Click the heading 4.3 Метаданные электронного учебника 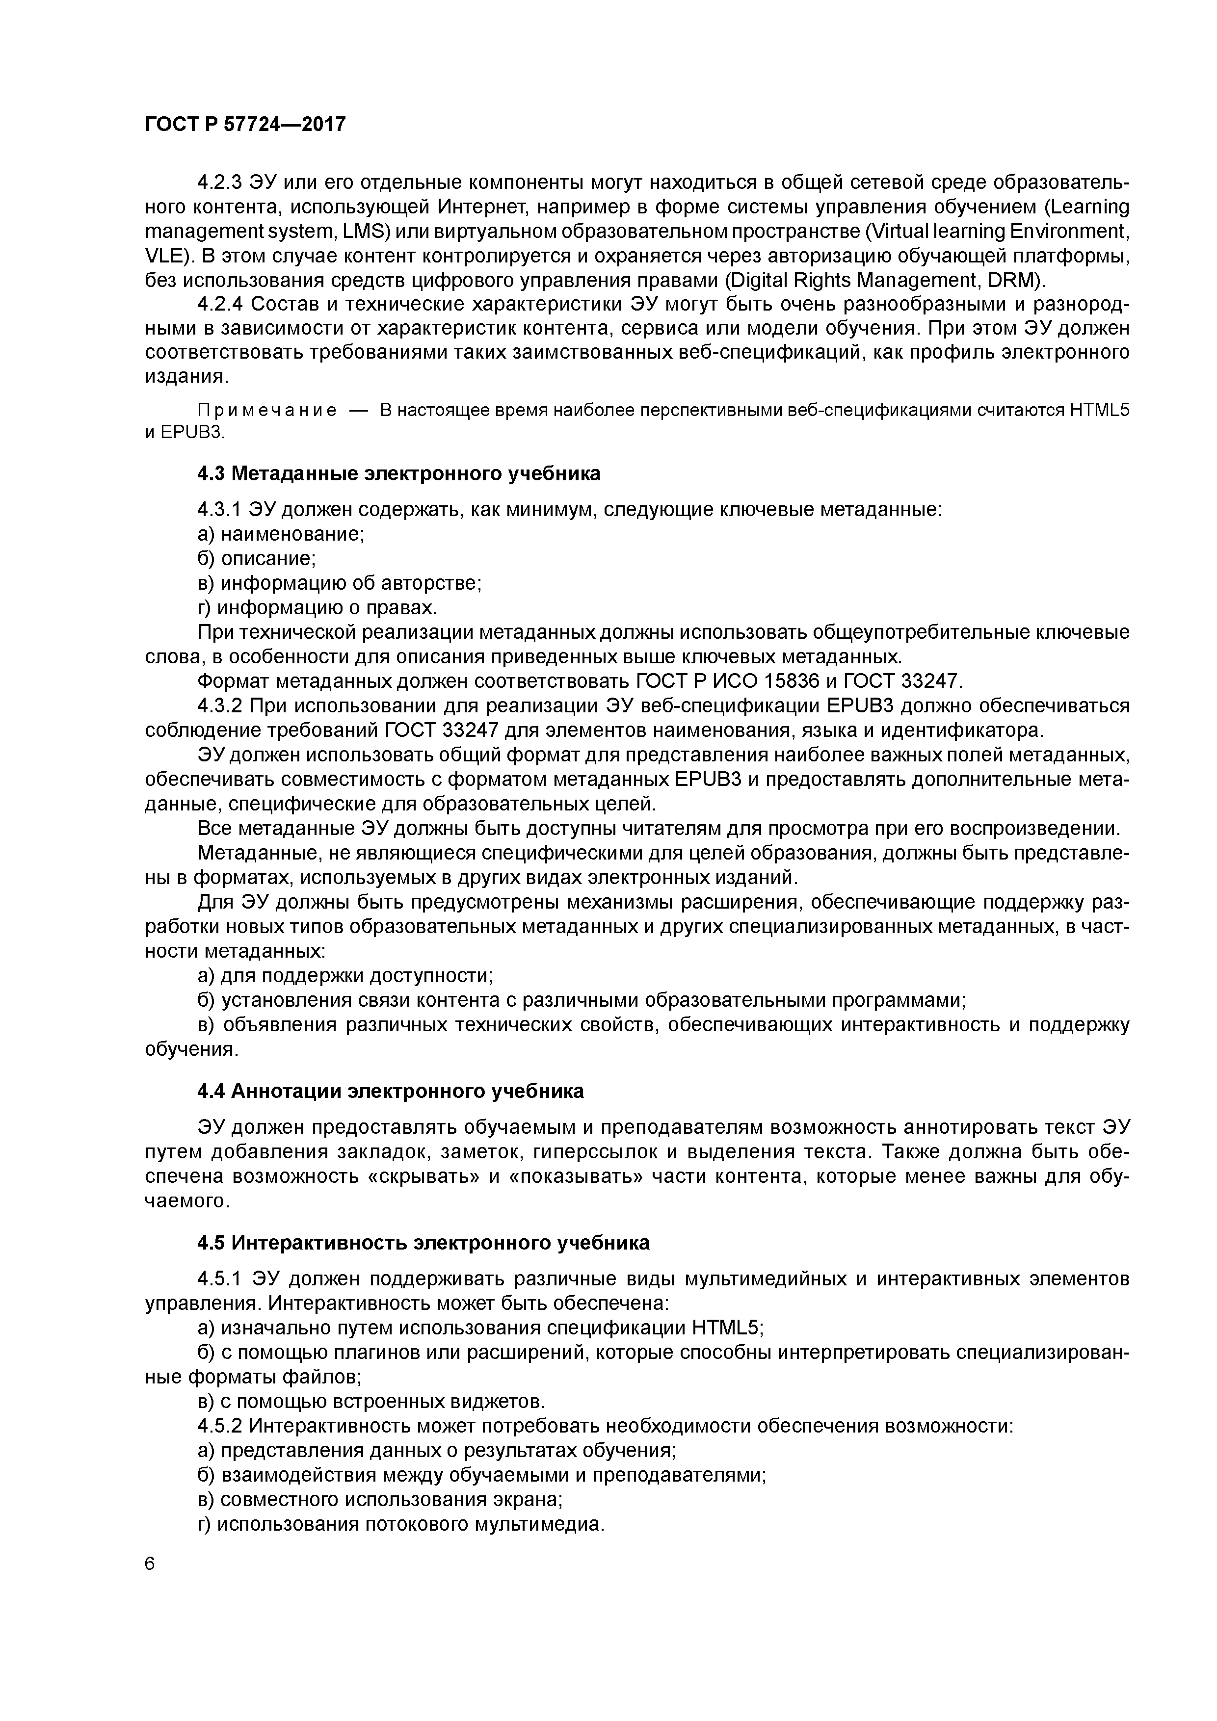pyautogui.click(x=399, y=474)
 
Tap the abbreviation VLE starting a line pyautogui.click(x=163, y=257)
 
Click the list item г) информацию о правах pyautogui.click(x=317, y=607)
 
